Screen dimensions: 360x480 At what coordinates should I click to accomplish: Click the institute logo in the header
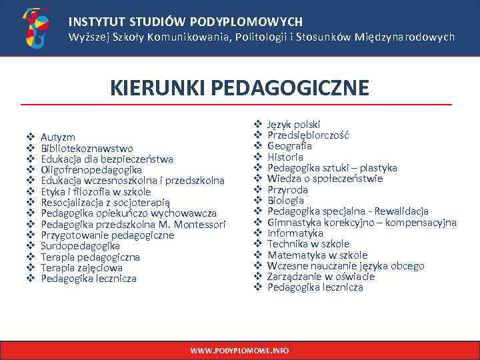(35, 28)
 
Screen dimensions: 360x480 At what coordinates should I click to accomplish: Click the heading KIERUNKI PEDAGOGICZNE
(239, 88)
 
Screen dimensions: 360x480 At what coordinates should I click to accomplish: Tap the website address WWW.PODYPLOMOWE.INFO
(239, 350)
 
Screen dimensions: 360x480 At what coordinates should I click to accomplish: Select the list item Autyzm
(57, 137)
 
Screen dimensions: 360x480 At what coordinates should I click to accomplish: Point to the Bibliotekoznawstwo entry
(87, 148)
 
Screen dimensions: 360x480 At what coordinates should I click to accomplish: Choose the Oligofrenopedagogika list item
(91, 170)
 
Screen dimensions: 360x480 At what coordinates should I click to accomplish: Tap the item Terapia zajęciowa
(81, 267)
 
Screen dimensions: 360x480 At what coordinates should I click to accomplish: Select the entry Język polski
(293, 124)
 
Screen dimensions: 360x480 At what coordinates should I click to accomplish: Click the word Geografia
(289, 146)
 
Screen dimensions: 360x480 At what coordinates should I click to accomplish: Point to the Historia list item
(285, 157)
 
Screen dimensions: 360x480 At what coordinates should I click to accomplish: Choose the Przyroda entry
(287, 189)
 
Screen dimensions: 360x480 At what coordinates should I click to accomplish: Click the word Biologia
(285, 200)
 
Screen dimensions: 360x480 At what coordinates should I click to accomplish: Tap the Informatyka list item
(295, 233)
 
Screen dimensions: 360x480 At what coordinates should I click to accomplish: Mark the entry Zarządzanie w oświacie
(321, 277)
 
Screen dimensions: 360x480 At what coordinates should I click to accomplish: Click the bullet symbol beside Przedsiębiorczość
(257, 135)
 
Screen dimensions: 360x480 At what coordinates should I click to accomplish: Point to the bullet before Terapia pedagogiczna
(30, 257)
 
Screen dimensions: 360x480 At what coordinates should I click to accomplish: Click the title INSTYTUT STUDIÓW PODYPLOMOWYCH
(185, 21)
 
